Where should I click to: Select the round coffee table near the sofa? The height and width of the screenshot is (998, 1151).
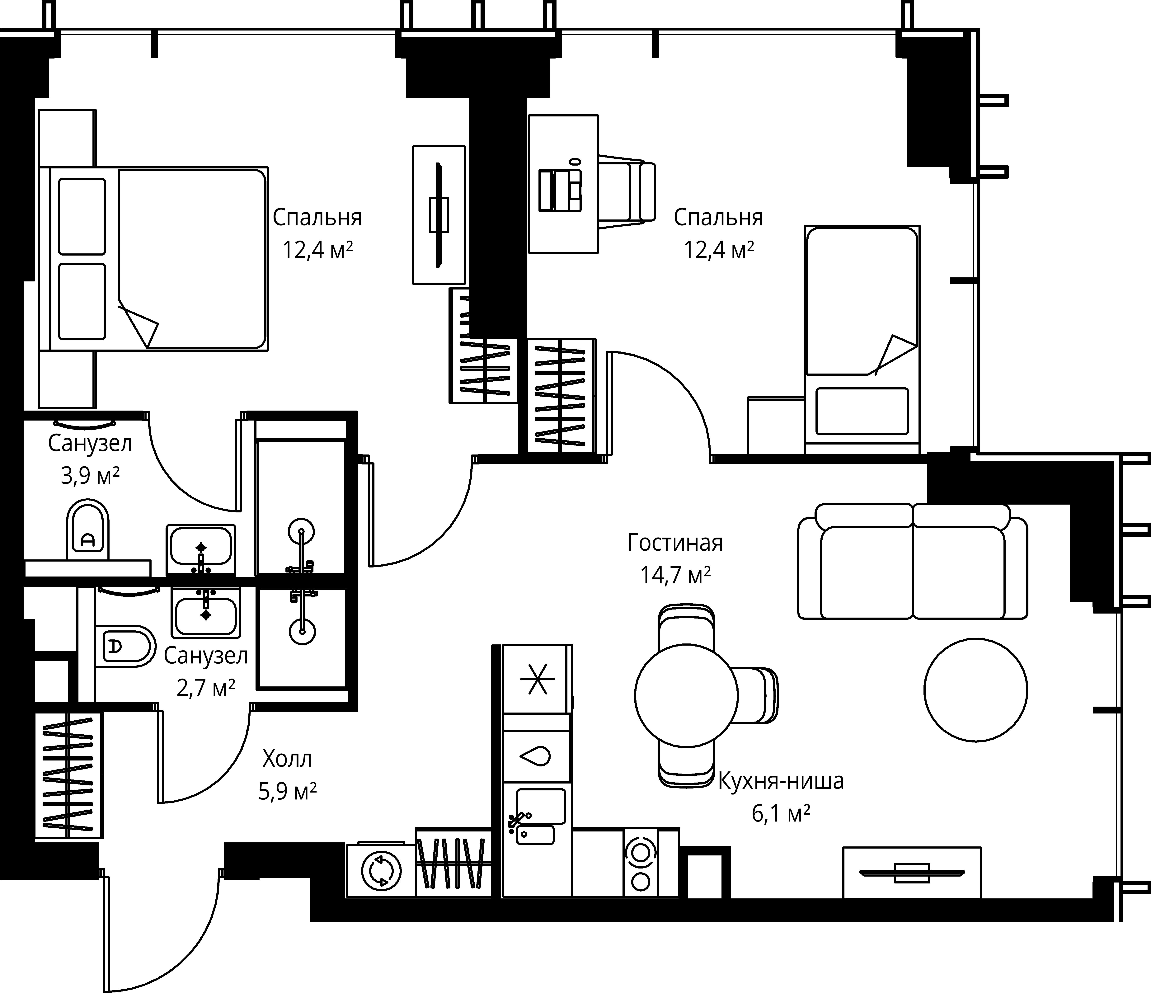click(976, 690)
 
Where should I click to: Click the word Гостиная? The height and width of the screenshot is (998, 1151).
click(675, 542)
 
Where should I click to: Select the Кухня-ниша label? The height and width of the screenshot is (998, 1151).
click(781, 781)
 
